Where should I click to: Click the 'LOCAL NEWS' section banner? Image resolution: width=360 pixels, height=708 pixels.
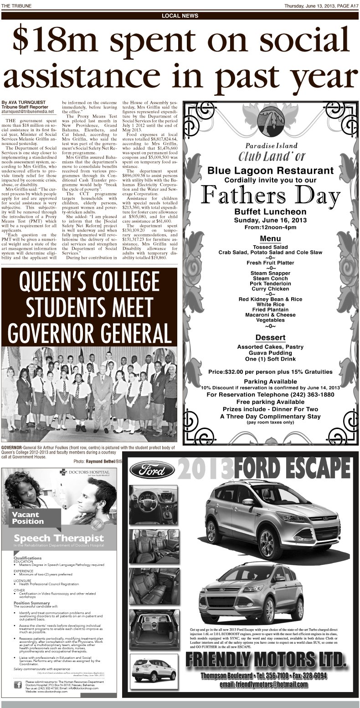click(x=180, y=16)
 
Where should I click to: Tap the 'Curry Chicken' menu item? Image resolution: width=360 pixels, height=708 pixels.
click(x=270, y=289)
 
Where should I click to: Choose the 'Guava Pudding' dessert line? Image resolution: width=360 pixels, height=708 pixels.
click(x=270, y=352)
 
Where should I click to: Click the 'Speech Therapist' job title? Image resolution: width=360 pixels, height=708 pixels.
click(x=58, y=538)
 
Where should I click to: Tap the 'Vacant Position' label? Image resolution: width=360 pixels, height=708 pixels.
click(x=28, y=518)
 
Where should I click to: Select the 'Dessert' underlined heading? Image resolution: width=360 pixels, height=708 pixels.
click(x=270, y=337)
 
